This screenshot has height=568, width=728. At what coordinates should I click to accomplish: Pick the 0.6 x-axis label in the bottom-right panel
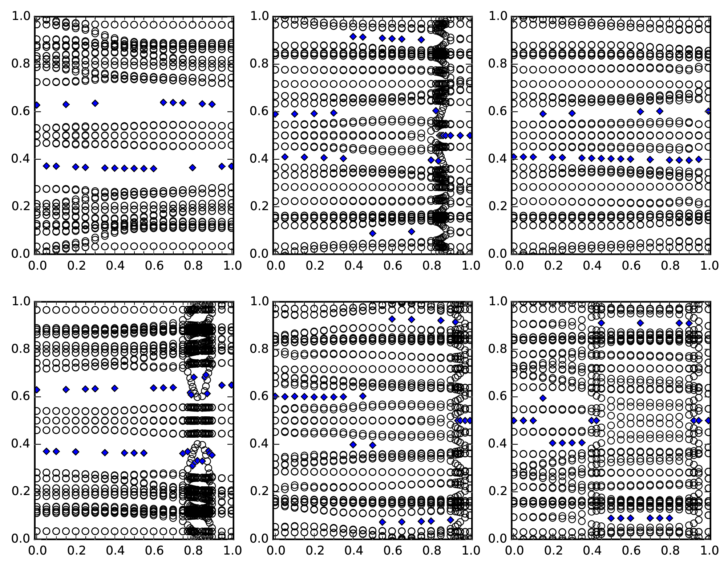[x=631, y=551]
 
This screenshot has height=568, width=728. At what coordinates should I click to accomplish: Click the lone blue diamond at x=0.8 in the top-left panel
[x=193, y=168]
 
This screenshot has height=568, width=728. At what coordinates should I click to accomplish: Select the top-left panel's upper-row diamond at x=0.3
[x=95, y=103]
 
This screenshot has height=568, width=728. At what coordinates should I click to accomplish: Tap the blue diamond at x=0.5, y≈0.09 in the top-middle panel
[x=372, y=233]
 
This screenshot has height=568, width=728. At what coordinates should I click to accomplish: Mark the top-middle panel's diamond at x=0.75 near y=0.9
[x=421, y=40]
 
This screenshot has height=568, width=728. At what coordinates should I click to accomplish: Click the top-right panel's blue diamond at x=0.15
[x=543, y=114]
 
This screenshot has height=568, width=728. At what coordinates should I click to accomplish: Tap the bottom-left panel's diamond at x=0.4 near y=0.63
[x=114, y=388]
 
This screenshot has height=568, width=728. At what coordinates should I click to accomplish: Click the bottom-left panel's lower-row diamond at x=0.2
[x=76, y=452]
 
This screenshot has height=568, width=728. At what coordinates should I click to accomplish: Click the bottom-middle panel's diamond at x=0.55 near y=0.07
[x=382, y=522]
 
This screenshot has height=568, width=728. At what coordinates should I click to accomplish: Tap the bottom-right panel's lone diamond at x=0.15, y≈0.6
[x=543, y=398]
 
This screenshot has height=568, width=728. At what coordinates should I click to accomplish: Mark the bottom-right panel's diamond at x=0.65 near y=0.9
[x=640, y=323]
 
